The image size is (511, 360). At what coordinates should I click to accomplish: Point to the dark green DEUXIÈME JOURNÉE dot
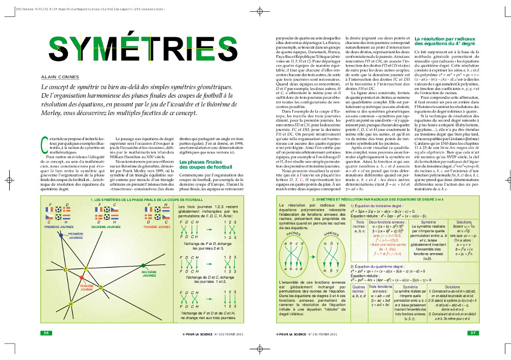144,265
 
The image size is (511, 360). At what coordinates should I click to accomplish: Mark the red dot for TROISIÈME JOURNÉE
81,277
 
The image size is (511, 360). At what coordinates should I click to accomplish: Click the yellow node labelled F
85,269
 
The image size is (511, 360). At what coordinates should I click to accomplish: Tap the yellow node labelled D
101,287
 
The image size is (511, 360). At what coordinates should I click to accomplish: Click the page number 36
47,333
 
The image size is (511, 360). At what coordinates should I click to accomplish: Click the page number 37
473,333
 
